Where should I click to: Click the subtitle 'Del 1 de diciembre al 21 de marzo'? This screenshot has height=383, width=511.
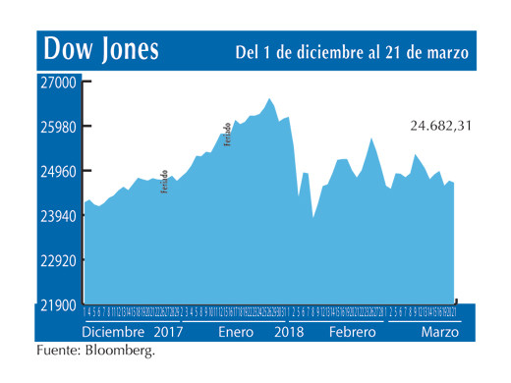tap(352, 51)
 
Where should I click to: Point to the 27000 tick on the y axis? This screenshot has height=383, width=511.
tap(58, 83)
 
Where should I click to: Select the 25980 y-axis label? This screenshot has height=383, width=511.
tap(58, 127)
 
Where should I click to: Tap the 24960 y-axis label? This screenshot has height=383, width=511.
tap(58, 172)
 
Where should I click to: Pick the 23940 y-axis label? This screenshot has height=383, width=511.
tap(58, 216)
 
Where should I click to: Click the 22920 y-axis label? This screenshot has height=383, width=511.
tap(58, 261)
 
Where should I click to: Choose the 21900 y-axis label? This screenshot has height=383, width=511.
tap(58, 305)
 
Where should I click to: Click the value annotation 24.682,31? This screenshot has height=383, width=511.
tap(442, 126)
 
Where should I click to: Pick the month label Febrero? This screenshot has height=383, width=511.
tap(352, 332)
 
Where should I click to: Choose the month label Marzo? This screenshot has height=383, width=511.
tap(439, 332)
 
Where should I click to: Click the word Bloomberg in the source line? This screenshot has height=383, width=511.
tap(120, 351)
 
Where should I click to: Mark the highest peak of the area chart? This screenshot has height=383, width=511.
tap(269, 98)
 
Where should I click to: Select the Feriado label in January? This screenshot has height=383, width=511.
tap(228, 136)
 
